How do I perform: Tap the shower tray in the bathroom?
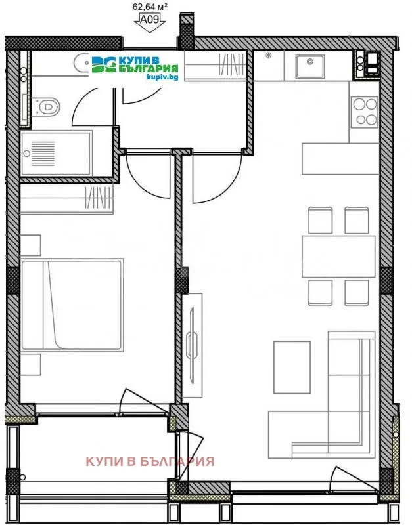pos(56,152)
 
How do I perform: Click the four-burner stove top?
pos(364,112)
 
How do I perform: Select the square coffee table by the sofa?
pos(291,367)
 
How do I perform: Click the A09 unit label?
pos(150,20)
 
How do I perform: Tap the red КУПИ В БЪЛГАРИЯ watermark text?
pos(150,461)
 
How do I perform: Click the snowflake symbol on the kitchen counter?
pos(268,56)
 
